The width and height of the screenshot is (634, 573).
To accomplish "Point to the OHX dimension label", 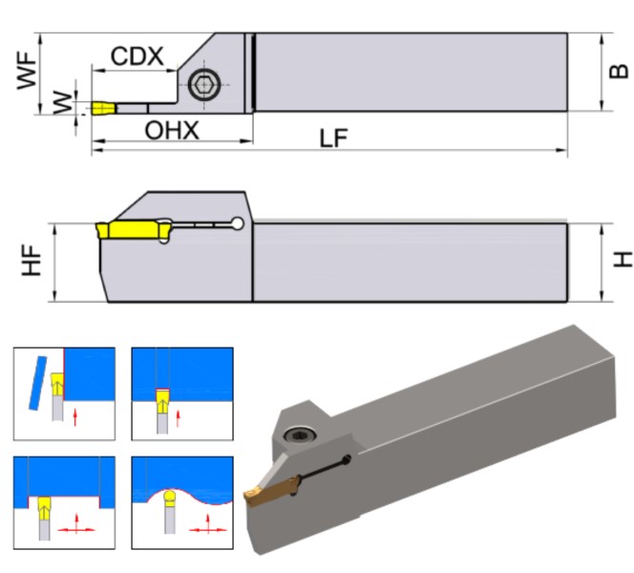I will [x=172, y=131].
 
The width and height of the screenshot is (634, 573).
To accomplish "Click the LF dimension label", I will [x=333, y=139].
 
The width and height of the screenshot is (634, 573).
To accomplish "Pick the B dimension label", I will [x=620, y=72].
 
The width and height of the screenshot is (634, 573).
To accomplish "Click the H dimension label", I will [x=622, y=259].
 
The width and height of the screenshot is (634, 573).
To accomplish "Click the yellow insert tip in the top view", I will [x=103, y=108].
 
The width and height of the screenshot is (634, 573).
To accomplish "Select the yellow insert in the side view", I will [x=133, y=229].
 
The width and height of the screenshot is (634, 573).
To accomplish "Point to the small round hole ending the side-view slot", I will [x=236, y=224].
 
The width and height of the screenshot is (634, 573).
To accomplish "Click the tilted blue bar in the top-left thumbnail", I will [x=38, y=382].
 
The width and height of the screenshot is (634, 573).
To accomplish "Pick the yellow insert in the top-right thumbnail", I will [x=162, y=397].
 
